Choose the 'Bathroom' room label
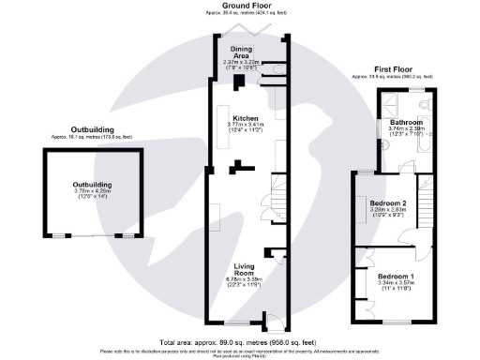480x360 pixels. coord(406,123)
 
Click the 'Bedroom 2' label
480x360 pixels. coord(386,203)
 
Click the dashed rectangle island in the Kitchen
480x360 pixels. coord(215,225)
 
